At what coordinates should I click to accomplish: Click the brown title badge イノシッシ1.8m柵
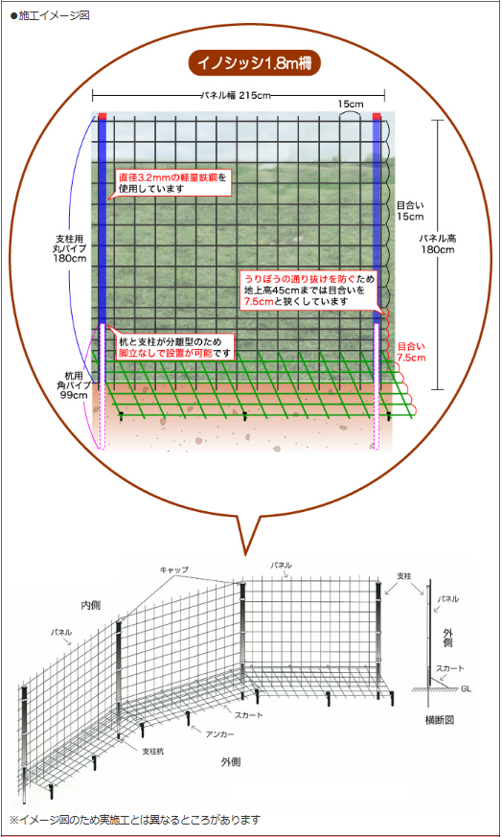point(254,63)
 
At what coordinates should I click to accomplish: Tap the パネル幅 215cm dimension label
point(236,96)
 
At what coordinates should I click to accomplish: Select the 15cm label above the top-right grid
point(351,104)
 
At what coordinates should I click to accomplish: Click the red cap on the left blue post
point(102,116)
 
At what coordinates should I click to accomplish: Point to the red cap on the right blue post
point(376,116)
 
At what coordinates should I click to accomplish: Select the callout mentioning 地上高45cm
point(309,290)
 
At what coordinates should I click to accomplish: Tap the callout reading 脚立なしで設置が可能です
point(175,347)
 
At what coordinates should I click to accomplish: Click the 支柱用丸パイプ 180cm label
point(69,248)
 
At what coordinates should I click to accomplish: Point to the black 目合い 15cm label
point(410,211)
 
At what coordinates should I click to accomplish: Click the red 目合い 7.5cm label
point(411,352)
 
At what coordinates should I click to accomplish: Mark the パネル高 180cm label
point(437,244)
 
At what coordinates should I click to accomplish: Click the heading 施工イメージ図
point(50,15)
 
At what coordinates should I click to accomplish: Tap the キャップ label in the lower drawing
point(174,570)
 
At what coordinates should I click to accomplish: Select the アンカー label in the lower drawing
point(219,734)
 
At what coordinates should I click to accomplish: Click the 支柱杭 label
point(153,751)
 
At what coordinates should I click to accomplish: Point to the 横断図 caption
point(440,720)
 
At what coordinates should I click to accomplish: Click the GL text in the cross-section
point(467,689)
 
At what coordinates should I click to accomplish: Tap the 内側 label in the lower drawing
point(91,605)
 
